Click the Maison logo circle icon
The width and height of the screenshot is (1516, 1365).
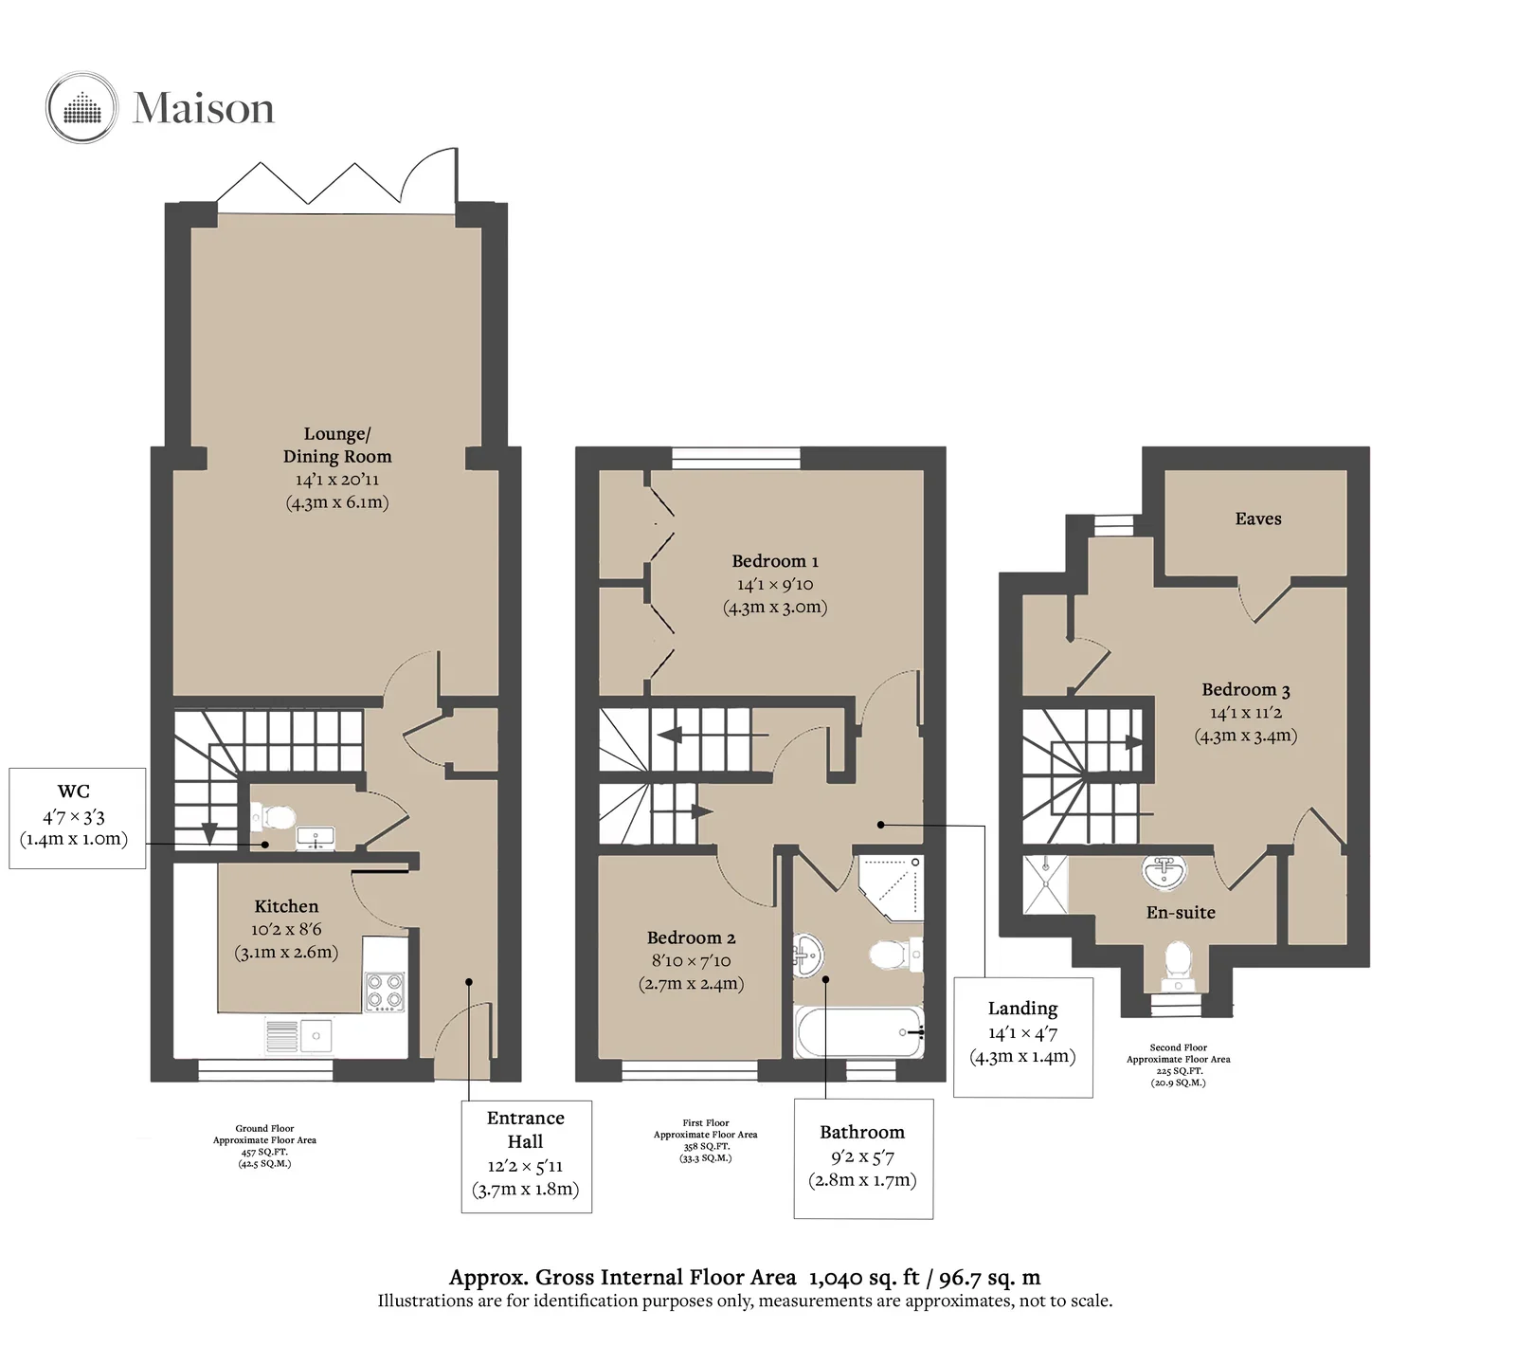pos(82,107)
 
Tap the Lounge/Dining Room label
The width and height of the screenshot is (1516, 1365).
pos(337,445)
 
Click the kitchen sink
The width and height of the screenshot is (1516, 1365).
pos(298,1036)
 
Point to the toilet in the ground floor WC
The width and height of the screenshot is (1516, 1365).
pos(275,816)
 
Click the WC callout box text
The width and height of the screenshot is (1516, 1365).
pos(74,815)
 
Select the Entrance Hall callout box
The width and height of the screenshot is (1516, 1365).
pos(526,1156)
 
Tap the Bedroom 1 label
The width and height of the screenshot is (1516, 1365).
pos(775,561)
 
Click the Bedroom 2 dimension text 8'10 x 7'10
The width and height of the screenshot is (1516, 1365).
pos(691,960)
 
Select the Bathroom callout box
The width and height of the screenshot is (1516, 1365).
pos(863,1157)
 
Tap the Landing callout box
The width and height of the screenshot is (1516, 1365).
pos(1023,1037)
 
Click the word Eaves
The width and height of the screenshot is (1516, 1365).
pos(1258,519)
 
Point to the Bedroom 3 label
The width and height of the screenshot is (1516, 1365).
pos(1246,690)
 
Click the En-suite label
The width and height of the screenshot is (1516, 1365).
pos(1181,912)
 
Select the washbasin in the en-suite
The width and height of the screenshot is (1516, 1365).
pos(1164,872)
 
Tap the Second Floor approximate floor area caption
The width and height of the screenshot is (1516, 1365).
pos(1179,1065)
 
